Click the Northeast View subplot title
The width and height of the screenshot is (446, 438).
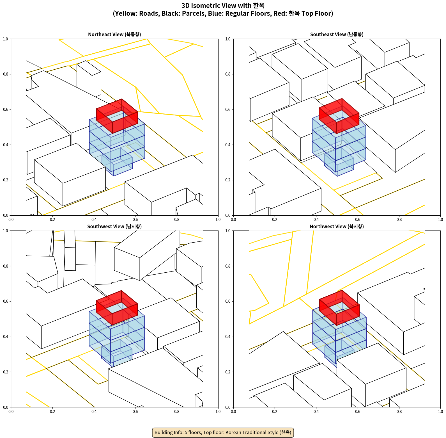[x=114, y=35]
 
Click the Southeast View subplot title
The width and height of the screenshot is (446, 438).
[x=337, y=35]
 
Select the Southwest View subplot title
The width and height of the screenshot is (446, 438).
[x=114, y=227]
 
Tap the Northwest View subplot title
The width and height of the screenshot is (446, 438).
[x=337, y=227]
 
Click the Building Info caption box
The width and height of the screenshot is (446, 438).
[x=223, y=432]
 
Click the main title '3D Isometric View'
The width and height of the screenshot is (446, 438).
[x=223, y=6]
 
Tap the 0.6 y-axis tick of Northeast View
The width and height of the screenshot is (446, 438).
[x=6, y=109]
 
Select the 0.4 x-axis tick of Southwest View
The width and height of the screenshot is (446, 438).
[x=94, y=412]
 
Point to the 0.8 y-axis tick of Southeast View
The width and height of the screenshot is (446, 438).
[x=228, y=74]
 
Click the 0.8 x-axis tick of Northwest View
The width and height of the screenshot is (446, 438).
[x=399, y=412]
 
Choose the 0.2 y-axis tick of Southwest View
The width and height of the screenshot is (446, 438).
[x=6, y=372]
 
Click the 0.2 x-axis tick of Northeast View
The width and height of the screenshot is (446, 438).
[x=52, y=220]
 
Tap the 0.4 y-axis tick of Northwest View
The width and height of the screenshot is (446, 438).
[x=228, y=337]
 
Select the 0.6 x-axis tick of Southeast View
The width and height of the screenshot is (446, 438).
[x=358, y=220]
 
